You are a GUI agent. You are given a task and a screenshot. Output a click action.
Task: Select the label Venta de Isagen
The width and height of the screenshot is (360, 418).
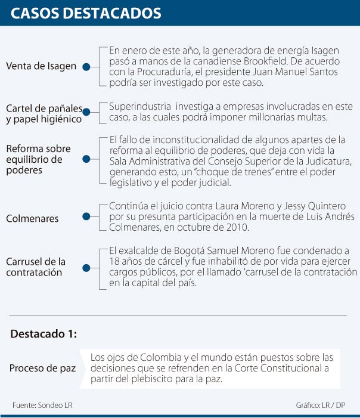coord(41,66)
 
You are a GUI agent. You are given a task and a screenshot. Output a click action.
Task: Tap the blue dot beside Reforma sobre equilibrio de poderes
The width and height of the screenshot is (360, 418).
coord(86,159)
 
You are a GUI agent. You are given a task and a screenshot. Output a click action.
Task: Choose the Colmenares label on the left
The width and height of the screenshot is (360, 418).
coord(32,218)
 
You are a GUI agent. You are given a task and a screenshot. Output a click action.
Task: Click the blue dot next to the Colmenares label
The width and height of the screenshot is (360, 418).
coord(86,218)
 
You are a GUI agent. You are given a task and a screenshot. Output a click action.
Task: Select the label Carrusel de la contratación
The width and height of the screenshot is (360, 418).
coord(36,267)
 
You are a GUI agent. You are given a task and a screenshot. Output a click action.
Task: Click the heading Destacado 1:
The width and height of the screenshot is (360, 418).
coord(44,334)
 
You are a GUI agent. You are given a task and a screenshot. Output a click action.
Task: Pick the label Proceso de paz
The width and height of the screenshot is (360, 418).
coord(42,369)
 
